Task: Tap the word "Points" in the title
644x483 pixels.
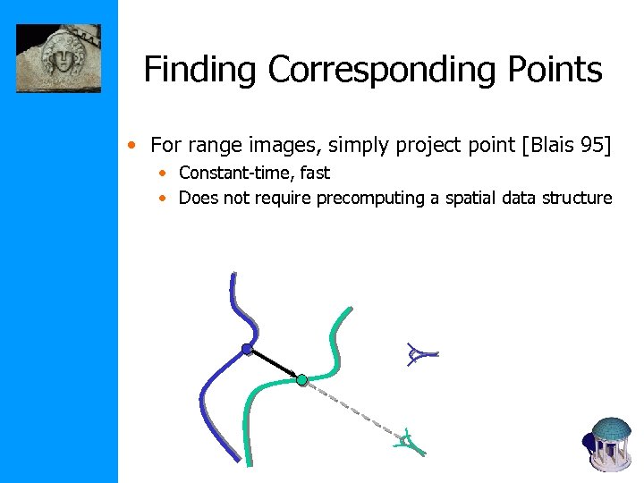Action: (x=560, y=69)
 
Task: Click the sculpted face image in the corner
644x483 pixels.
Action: (x=58, y=58)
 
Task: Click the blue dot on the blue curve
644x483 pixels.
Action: (x=246, y=349)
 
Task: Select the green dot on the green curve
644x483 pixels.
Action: (x=302, y=380)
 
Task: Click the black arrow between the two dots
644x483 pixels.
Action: (x=275, y=364)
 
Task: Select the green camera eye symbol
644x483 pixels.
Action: (x=408, y=439)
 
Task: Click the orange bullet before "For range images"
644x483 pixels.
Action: (x=132, y=145)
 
